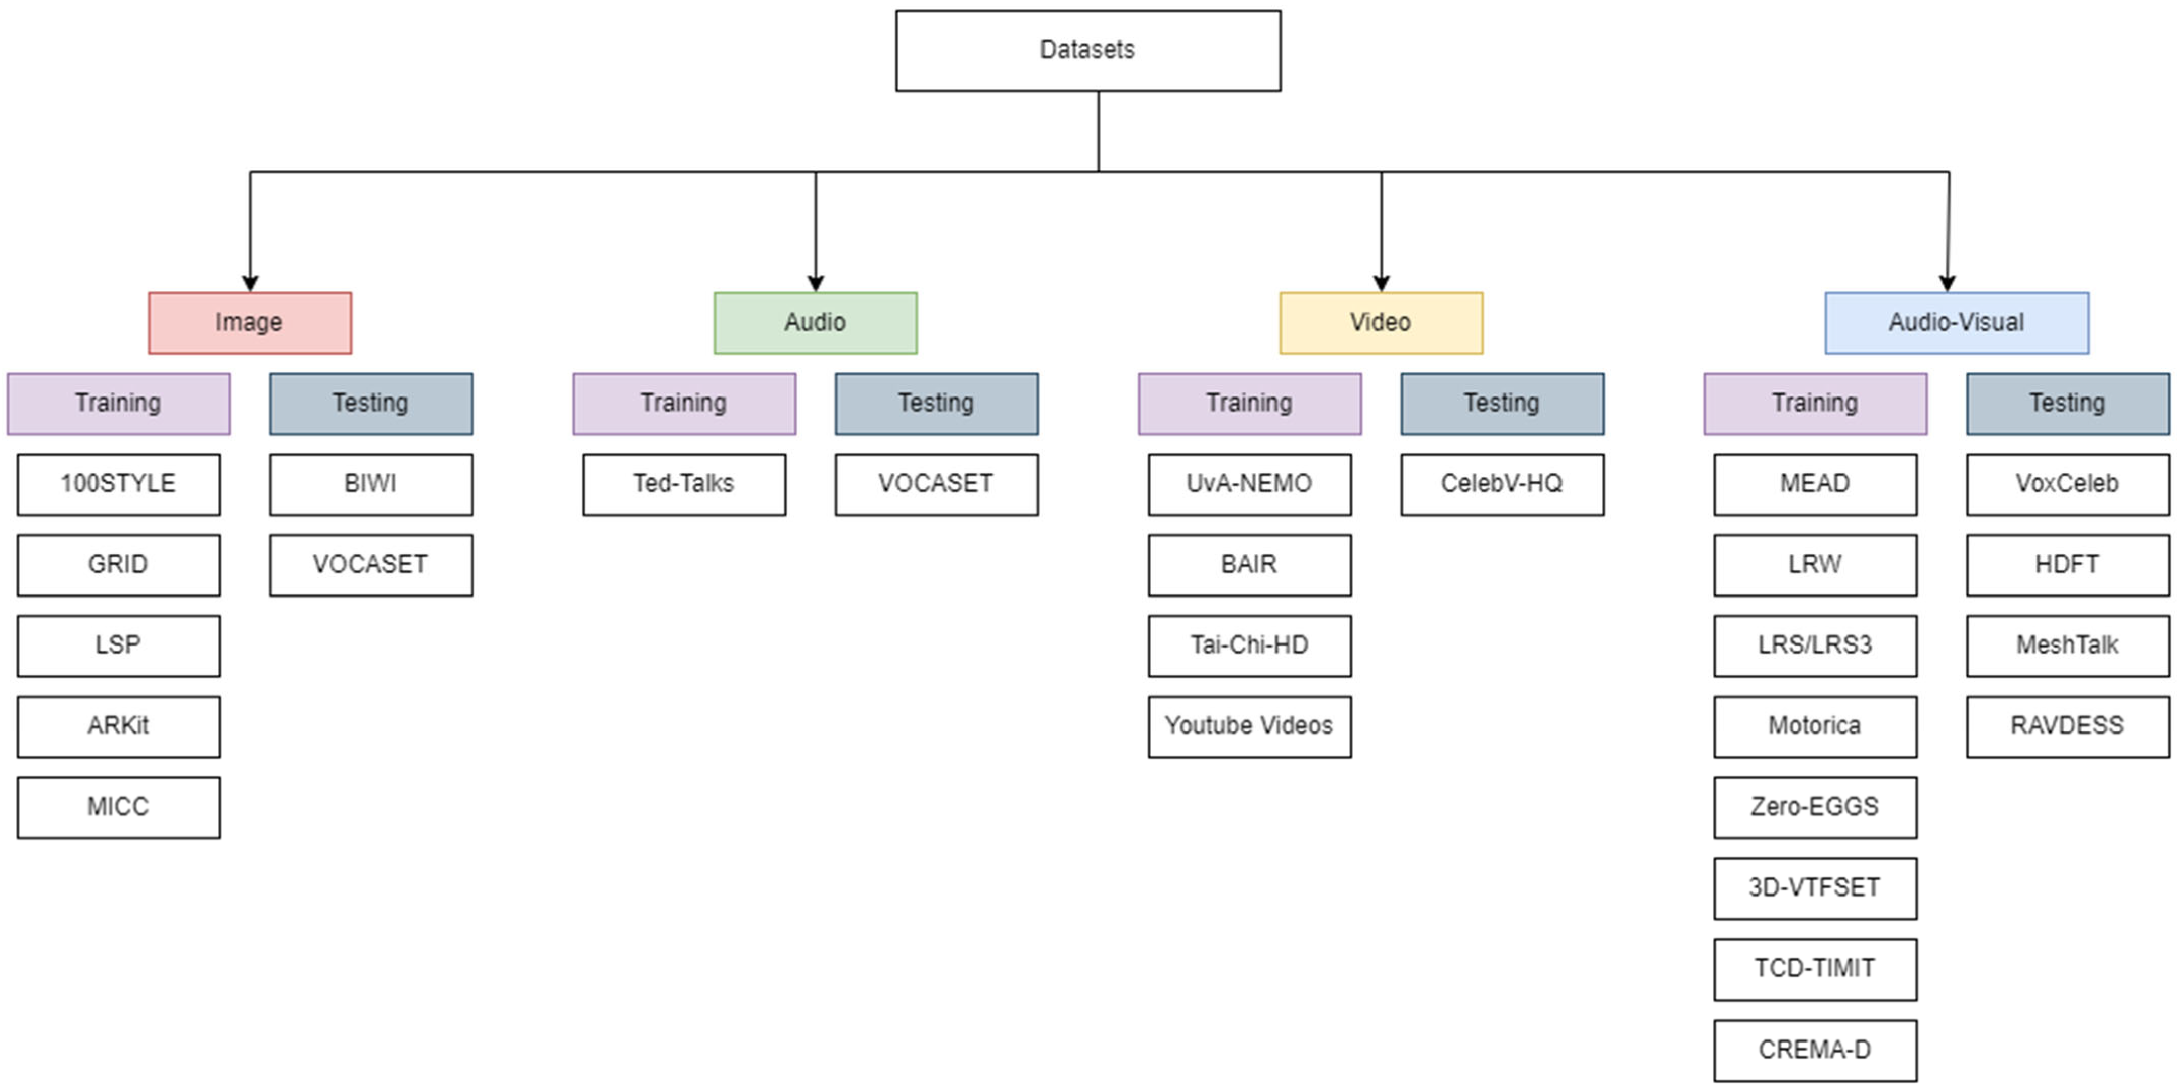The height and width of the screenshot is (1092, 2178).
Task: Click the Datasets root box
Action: point(1088,51)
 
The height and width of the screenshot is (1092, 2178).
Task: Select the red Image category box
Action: point(250,323)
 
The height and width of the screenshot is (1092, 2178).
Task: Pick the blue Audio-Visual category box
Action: point(1957,323)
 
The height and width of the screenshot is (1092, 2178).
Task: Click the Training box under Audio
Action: point(684,404)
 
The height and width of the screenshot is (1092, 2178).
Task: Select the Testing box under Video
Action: point(1502,404)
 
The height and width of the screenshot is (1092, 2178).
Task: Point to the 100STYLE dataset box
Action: point(118,484)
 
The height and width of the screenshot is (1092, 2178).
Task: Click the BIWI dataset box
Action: point(371,484)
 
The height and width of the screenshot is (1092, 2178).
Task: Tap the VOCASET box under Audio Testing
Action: point(937,484)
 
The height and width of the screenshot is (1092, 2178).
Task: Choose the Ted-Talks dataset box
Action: point(684,484)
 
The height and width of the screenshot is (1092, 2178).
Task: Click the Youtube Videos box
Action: point(1250,727)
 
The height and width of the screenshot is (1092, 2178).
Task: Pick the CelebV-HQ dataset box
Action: point(1502,484)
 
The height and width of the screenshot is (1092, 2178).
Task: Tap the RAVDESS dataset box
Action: point(2068,727)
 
